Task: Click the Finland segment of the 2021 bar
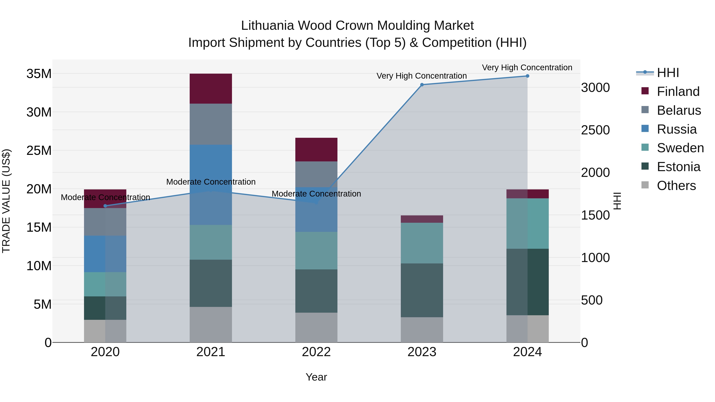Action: coord(211,89)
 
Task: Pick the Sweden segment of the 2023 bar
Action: coord(422,243)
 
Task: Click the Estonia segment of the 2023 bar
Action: coord(422,290)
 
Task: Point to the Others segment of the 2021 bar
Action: coord(211,324)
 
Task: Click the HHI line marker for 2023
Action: coord(422,85)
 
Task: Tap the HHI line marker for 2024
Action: coord(527,76)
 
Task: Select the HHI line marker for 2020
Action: coord(105,206)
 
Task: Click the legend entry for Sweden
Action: coord(680,148)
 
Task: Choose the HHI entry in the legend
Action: coord(668,73)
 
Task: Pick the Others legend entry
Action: coord(676,186)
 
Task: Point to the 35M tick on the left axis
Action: coord(39,74)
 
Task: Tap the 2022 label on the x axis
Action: coord(316,352)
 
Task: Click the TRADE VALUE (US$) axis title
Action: coord(6,201)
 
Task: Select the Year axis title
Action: coord(316,377)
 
